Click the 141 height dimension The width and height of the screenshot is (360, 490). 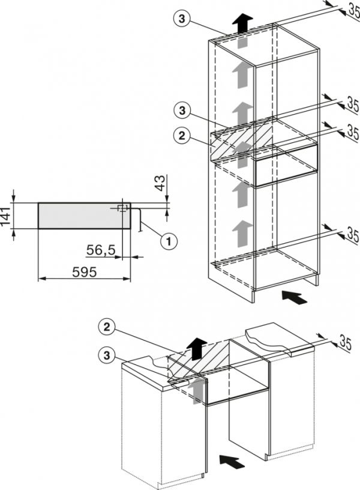coord(5,216)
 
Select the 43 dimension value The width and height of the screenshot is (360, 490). coord(160,183)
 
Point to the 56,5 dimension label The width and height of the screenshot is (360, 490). coord(101,250)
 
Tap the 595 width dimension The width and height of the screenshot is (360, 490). coord(85,272)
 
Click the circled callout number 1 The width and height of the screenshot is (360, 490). coord(169,241)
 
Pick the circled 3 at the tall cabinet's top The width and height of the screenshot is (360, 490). coord(182,19)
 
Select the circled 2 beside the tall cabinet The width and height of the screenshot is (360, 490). coord(182,136)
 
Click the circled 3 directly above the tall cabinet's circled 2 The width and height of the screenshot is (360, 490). coord(182,110)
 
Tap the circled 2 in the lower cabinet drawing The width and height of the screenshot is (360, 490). coord(107,327)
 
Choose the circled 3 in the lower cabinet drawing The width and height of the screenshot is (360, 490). coord(107,355)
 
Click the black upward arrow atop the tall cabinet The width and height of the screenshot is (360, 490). coord(242,23)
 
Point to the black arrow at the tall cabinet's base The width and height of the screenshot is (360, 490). coord(295,297)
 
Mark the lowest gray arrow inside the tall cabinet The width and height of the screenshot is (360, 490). coord(242,233)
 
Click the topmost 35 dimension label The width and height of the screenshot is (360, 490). coord(354,10)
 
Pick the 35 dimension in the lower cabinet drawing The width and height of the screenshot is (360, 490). coord(346,343)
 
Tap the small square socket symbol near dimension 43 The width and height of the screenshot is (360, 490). coord(122,208)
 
